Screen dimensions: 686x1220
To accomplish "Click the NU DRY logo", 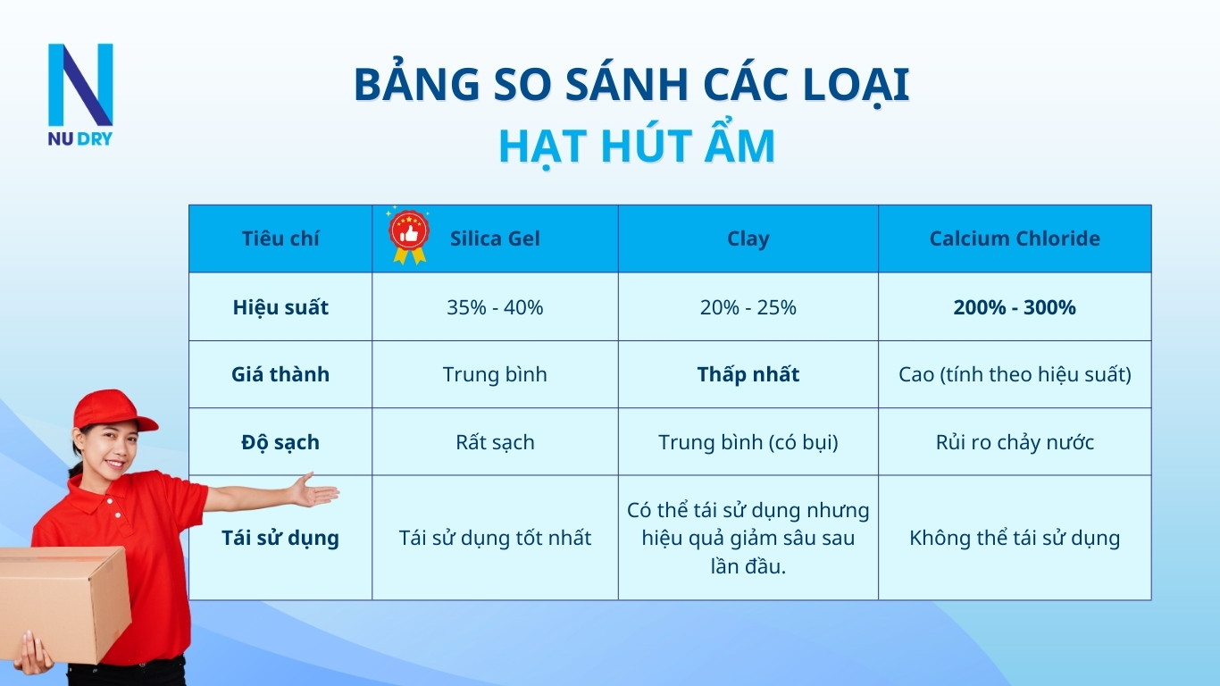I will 80,94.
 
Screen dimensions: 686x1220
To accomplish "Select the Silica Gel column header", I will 495,238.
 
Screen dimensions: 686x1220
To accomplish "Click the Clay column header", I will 748,238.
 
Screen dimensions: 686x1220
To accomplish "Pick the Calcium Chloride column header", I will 1015,238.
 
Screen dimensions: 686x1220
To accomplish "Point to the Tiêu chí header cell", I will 280,238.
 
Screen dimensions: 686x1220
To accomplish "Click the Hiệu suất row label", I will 280,307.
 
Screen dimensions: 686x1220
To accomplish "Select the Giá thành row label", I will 280,374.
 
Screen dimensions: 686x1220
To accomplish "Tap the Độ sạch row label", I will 280,442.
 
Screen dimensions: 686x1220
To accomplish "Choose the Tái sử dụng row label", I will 280,538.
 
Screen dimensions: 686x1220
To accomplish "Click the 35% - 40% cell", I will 495,307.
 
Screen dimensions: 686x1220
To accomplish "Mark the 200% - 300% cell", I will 1015,307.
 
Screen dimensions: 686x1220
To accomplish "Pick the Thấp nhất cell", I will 748,374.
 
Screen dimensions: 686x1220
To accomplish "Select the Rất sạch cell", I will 495,442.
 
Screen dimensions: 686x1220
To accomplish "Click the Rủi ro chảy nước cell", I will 1015,442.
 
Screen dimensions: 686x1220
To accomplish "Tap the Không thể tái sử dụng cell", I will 1015,538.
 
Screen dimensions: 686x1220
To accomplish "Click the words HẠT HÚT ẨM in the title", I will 636,146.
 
